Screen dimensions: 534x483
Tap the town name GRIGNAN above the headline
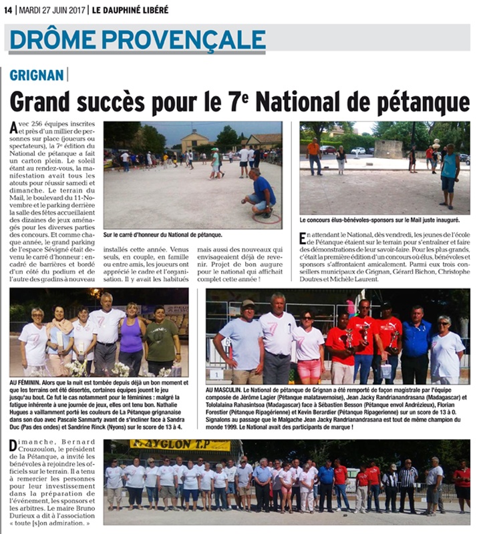pyautogui.click(x=36, y=76)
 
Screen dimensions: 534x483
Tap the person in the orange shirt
pyautogui.click(x=313, y=156)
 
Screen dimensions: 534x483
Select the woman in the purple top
pyautogui.click(x=132, y=338)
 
